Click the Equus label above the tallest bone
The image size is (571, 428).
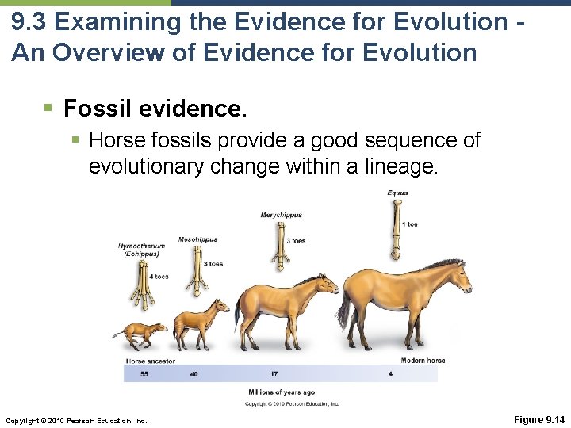[x=398, y=193]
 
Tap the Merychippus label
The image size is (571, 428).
[x=282, y=215]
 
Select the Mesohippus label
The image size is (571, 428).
[x=197, y=239]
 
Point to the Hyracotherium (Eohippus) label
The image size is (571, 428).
[x=142, y=250]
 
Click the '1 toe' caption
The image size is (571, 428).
[x=409, y=224]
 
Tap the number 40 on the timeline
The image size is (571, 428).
[x=194, y=374]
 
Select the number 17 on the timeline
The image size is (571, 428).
[x=274, y=374]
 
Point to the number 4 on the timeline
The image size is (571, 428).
[x=390, y=374]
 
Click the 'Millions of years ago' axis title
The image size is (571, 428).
[x=282, y=392]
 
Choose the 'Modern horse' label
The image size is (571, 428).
[x=423, y=361]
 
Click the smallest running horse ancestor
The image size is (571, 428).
[x=140, y=334]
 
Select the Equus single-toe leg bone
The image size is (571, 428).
[x=396, y=231]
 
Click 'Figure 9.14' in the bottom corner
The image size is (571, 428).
[x=538, y=419]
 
